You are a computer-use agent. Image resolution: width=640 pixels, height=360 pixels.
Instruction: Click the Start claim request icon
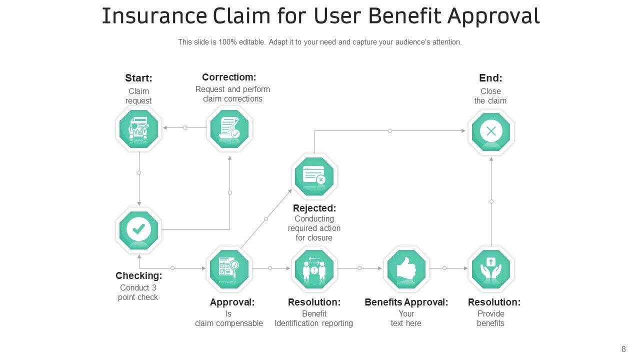pos(138,128)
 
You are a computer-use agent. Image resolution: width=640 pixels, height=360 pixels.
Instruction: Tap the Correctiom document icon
pos(229,128)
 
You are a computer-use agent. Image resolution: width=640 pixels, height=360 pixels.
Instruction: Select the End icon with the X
pos(491,131)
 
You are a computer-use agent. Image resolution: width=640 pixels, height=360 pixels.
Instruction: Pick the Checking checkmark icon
pos(138,230)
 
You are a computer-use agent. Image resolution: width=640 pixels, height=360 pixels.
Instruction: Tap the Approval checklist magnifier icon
pos(229,269)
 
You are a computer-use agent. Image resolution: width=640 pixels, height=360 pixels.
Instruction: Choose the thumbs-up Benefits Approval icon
pos(406,269)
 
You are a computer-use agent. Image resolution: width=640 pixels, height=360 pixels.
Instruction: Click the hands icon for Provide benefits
pos(491,269)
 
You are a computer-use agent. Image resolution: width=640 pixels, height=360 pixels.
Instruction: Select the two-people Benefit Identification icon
pos(314,269)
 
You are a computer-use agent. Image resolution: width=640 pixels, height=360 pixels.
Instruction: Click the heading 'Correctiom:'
pos(229,77)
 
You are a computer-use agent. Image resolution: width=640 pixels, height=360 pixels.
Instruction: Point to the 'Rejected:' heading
pos(314,208)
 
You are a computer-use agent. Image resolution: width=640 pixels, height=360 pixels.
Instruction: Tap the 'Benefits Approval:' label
pos(406,302)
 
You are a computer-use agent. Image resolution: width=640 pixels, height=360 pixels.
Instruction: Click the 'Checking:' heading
pos(139,275)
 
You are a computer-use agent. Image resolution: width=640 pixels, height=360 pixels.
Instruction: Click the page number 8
pos(623,349)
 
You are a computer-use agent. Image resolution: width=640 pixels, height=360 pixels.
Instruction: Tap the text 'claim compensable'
pos(229,323)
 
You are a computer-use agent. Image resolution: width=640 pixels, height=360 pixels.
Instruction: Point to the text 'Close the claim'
pos(490,96)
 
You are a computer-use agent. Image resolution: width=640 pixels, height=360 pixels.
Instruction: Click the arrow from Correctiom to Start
pos(185,127)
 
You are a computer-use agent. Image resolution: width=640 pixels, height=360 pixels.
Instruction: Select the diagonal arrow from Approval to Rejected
pos(266,219)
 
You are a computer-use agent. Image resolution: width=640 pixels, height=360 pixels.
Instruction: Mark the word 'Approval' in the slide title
pos(493,16)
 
